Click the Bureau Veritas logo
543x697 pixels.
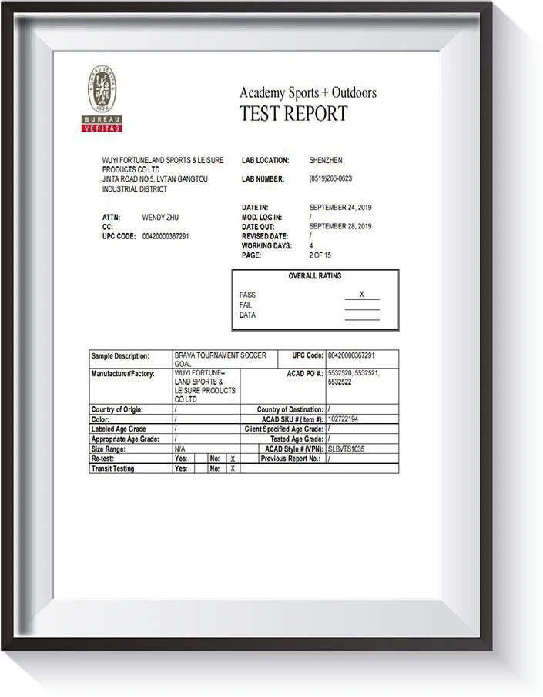(102, 99)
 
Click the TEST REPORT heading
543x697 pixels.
(293, 114)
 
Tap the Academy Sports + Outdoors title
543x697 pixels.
(308, 93)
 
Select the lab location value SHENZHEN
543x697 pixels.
(326, 160)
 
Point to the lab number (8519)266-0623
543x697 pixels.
(330, 178)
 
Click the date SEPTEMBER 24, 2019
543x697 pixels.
(340, 208)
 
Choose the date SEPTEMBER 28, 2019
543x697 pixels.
(340, 227)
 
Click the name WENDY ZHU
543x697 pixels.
(160, 218)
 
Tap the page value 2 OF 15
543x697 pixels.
(320, 255)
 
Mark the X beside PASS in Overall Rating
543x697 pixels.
(361, 295)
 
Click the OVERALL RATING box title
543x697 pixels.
(315, 276)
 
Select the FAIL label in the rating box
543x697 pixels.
(246, 305)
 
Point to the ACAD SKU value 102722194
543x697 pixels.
(343, 419)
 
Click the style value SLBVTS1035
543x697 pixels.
(346, 449)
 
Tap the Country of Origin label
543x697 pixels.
(119, 409)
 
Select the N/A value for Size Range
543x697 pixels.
(180, 449)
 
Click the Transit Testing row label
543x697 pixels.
(112, 469)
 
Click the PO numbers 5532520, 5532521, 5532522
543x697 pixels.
(354, 377)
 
